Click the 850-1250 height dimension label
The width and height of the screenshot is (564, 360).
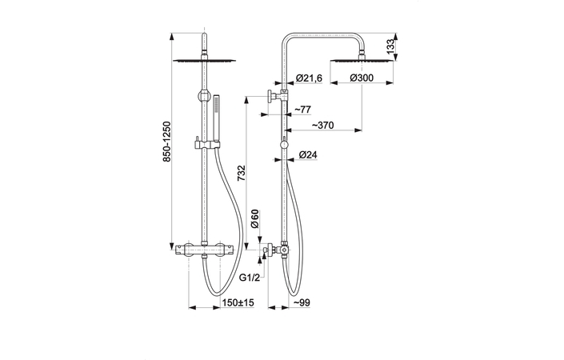pyautogui.click(x=167, y=142)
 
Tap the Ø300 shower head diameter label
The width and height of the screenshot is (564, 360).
pyautogui.click(x=361, y=78)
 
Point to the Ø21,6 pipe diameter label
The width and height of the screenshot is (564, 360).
pyautogui.click(x=309, y=78)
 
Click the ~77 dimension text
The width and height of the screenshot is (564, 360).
pyautogui.click(x=303, y=110)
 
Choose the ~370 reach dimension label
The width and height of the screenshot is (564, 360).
pyautogui.click(x=322, y=125)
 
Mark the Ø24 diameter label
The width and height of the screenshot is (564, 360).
pyautogui.click(x=308, y=155)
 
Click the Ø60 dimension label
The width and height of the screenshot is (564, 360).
pyautogui.click(x=255, y=218)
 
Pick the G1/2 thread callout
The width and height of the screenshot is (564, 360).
pyautogui.click(x=250, y=278)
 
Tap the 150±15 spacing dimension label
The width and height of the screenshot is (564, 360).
pyautogui.click(x=238, y=303)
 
